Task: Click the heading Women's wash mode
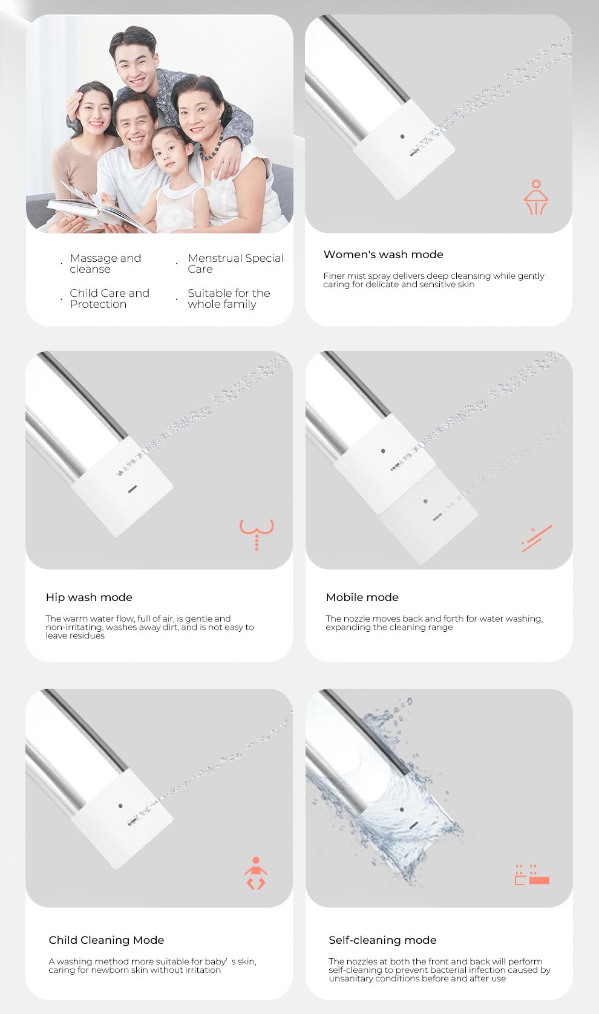(x=384, y=255)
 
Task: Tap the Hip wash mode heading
(x=89, y=597)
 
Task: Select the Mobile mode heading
(x=362, y=597)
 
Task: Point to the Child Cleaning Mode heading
(x=106, y=940)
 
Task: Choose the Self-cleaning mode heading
(x=382, y=940)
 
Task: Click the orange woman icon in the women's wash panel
(x=536, y=197)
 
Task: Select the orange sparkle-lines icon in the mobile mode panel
(x=537, y=538)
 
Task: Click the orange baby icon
(x=255, y=873)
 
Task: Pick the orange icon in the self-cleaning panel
(x=532, y=874)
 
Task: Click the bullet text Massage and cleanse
(x=105, y=264)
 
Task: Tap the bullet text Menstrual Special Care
(x=235, y=264)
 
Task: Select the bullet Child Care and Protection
(x=109, y=298)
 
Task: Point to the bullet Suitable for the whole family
(x=229, y=298)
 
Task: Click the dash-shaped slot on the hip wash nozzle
(x=133, y=489)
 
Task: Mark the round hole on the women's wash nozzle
(x=402, y=136)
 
